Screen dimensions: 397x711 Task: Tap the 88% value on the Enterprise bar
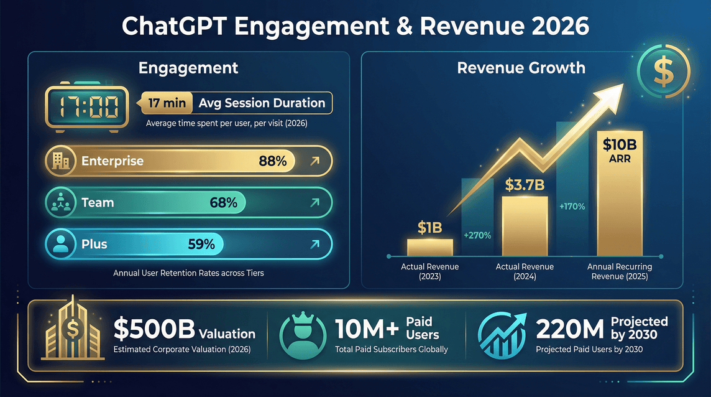(x=272, y=161)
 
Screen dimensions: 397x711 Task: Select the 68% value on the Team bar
(x=223, y=202)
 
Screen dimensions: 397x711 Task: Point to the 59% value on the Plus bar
(x=201, y=244)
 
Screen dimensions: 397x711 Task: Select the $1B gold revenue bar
(x=430, y=246)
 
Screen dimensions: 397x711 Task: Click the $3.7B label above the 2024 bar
(x=525, y=184)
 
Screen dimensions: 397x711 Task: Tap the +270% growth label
(x=477, y=235)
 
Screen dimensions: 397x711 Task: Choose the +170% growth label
(x=572, y=206)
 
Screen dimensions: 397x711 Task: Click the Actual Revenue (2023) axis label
(x=430, y=271)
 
